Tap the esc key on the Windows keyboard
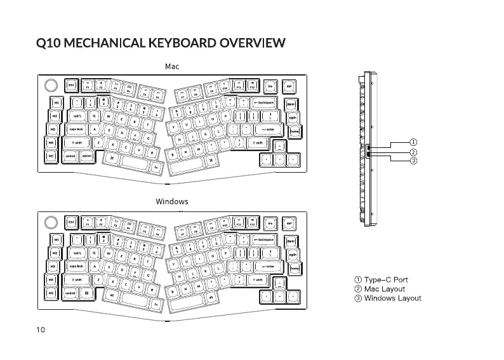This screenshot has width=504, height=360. pos(71,223)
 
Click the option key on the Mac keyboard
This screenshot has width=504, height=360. pos(88,156)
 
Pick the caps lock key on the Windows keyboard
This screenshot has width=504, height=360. pos(77,267)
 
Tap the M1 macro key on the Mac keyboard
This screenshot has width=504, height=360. pos(55,102)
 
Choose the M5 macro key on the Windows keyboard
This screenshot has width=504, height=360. pos(55,293)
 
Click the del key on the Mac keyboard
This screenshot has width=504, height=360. pos(289,86)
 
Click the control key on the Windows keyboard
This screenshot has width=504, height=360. pos(70,293)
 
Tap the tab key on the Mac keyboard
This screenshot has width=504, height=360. pos(76,116)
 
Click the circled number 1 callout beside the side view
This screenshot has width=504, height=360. pos(413,142)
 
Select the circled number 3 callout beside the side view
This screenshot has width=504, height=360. pos(413,161)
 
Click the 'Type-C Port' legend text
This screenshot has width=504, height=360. pos(381,279)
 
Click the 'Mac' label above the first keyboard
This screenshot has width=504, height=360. pos(171,66)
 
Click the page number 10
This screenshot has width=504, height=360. pos(41,330)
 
